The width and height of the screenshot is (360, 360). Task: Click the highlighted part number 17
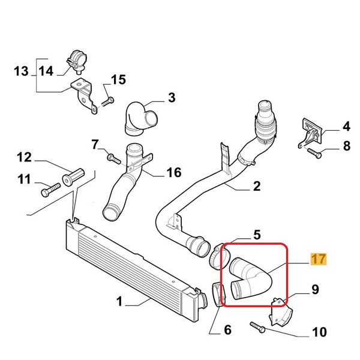pos(318,259)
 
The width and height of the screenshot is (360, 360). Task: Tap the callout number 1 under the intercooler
pos(119,302)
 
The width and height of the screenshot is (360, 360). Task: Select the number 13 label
pos(22,72)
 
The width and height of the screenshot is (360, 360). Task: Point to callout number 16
pos(173,173)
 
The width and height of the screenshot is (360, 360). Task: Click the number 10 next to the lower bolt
pos(319,332)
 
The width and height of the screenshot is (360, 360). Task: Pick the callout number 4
pos(346,127)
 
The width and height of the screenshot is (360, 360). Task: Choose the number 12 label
pos(23,158)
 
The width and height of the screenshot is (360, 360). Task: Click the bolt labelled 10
pos(259,328)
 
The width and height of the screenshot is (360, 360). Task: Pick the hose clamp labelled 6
pos(218,293)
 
